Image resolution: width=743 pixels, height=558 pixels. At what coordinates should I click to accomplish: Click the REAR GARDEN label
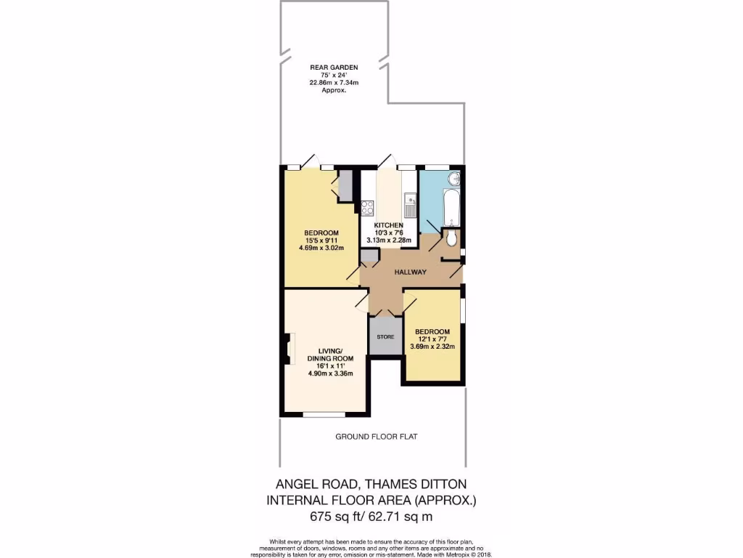[334, 67]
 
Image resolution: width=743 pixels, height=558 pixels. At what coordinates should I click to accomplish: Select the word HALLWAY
[410, 272]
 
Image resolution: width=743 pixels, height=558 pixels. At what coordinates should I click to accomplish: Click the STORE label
[385, 337]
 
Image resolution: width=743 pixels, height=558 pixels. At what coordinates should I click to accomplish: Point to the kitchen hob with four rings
[367, 207]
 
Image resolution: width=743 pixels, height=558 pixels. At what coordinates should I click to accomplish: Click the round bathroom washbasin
[455, 179]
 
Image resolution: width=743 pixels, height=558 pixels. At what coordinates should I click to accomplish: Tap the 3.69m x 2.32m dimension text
[432, 347]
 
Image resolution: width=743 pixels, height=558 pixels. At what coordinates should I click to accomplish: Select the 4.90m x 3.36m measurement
[330, 374]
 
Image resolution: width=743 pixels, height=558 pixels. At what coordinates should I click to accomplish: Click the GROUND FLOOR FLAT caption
[376, 437]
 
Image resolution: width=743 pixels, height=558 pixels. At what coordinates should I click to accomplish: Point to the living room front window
[324, 415]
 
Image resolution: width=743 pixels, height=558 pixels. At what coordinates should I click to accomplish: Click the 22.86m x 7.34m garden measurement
[334, 83]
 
